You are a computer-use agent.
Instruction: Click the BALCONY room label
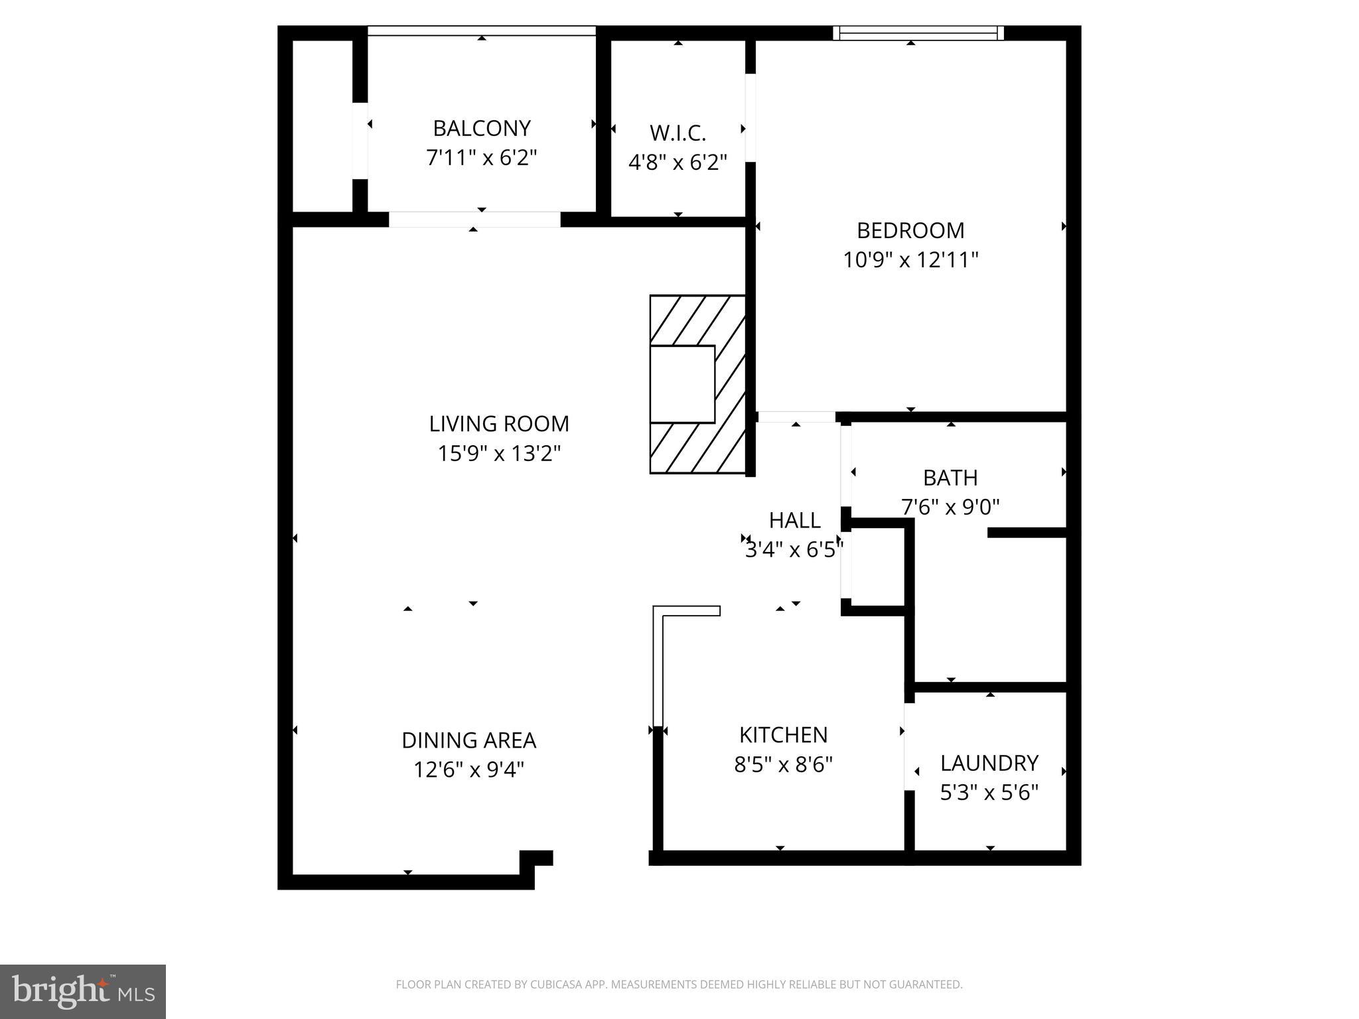tap(481, 128)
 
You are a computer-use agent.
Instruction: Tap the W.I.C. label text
tap(678, 133)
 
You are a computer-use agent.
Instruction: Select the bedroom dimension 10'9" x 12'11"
tap(910, 259)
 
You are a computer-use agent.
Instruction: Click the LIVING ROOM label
tap(499, 423)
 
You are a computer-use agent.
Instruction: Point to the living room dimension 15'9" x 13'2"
tap(499, 453)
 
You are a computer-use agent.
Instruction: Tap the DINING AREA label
tap(468, 740)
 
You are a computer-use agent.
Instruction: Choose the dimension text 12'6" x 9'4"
tap(468, 770)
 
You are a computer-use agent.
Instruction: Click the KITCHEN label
tap(783, 735)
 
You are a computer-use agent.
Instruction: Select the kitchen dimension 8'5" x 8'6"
tap(783, 765)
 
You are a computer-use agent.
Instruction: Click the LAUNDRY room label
tap(989, 763)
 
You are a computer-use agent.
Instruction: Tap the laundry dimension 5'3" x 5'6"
tap(989, 792)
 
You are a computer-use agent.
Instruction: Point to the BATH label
tap(950, 478)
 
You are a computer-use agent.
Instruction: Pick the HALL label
tap(794, 520)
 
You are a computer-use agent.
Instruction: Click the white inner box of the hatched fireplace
tap(681, 384)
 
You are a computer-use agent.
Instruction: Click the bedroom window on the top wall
tap(918, 33)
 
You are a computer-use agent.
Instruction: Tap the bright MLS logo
tap(82, 991)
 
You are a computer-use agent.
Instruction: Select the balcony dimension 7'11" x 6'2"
tap(481, 158)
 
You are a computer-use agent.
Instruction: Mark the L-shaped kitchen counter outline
tap(658, 663)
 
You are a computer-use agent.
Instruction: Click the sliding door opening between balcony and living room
tap(474, 220)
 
